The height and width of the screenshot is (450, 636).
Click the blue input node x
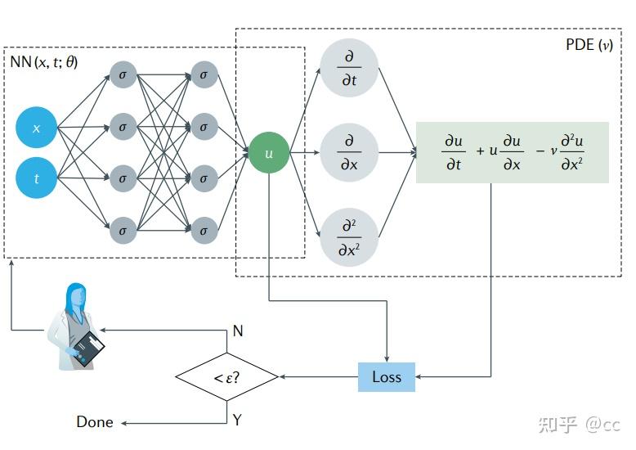tap(36, 128)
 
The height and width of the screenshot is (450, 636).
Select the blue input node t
tap(36, 178)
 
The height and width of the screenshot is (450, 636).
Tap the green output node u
tap(269, 153)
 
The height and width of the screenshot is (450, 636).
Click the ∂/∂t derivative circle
tap(349, 68)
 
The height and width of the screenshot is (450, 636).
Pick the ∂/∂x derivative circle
tap(349, 152)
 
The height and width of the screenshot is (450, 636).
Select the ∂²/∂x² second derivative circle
tap(349, 238)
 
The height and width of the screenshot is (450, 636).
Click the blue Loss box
tap(387, 377)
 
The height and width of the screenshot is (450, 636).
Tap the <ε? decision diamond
tap(227, 377)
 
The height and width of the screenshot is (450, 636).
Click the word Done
tap(95, 422)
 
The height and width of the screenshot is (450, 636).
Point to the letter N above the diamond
tap(238, 331)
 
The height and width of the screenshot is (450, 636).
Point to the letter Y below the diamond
tap(237, 421)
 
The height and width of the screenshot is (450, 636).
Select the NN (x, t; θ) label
tap(45, 62)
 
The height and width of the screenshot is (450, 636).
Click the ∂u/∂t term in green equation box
tap(454, 152)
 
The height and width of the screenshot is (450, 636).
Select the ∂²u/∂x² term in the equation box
tap(571, 152)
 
